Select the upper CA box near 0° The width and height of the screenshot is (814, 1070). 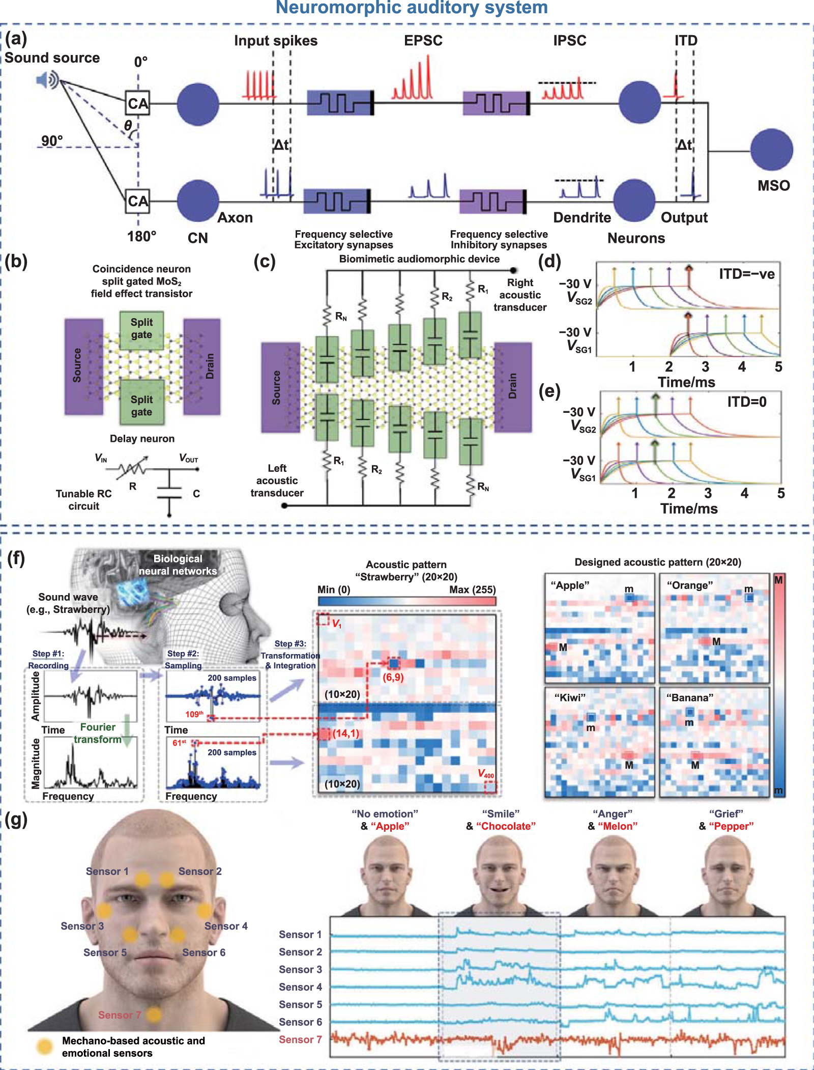tap(137, 103)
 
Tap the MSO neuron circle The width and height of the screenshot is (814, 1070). tap(771, 150)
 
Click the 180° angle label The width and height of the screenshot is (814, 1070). tap(141, 237)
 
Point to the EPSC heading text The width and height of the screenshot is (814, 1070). tap(423, 41)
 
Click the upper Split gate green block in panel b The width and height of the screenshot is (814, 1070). tap(141, 329)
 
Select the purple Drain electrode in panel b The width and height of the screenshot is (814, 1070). tap(202, 367)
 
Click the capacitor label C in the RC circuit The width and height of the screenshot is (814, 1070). tap(196, 494)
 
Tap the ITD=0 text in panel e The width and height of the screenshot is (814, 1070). tap(746, 402)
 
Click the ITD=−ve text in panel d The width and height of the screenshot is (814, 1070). tap(746, 274)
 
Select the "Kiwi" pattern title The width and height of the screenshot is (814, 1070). tap(570, 697)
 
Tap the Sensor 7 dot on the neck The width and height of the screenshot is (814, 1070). tap(154, 1015)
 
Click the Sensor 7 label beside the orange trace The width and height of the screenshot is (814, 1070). tap(300, 1039)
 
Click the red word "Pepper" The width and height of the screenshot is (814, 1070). tap(731, 826)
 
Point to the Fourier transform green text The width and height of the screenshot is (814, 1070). tap(98, 733)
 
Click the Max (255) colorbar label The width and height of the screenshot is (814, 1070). tap(472, 589)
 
